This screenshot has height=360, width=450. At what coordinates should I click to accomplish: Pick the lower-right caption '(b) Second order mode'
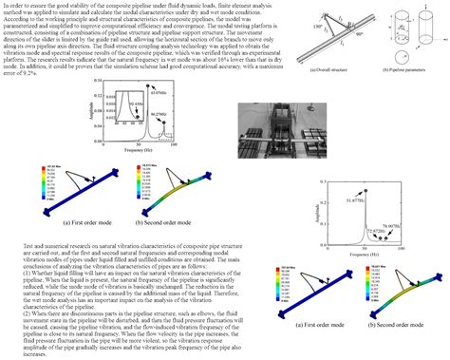click(399, 325)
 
